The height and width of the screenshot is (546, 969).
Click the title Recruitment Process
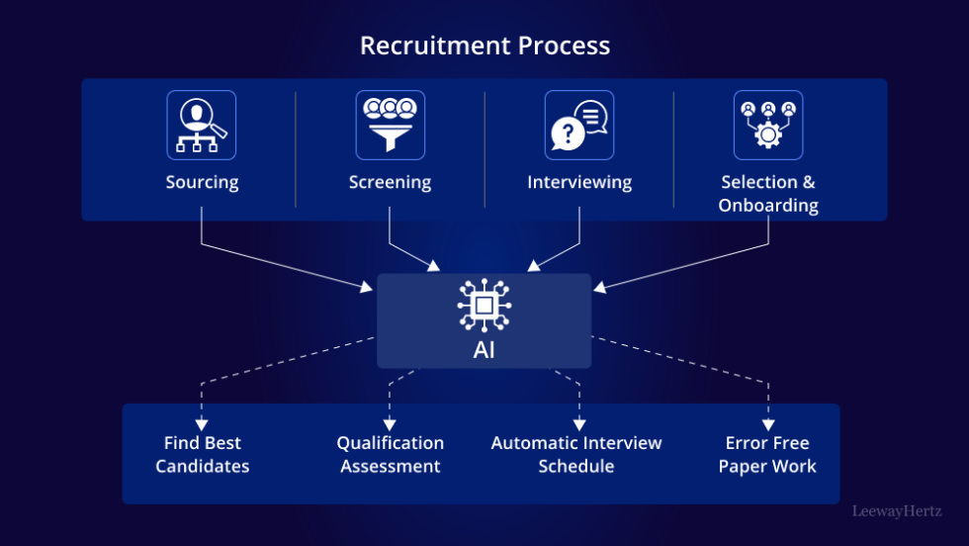click(484, 45)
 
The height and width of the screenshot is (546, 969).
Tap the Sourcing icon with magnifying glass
click(202, 125)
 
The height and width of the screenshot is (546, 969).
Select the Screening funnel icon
click(390, 125)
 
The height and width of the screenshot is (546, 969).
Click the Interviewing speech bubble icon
click(578, 125)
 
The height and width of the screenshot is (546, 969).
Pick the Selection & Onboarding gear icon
click(767, 125)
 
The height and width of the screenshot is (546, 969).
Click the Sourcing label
click(202, 182)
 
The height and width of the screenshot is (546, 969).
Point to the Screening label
click(390, 182)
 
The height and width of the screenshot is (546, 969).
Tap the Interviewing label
click(578, 182)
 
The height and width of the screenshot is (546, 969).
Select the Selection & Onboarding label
click(768, 194)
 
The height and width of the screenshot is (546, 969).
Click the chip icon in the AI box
click(484, 307)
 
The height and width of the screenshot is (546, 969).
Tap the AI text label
click(484, 350)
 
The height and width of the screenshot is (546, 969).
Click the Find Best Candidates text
click(202, 454)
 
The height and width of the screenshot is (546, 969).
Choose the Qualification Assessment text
click(390, 454)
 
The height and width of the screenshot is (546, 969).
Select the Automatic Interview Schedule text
click(576, 454)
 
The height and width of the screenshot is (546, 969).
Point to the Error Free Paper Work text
click(767, 454)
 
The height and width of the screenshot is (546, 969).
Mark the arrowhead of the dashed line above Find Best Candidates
click(202, 424)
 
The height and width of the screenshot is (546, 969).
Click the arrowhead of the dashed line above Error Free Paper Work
click(767, 424)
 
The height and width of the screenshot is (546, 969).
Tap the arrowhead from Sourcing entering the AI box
click(370, 288)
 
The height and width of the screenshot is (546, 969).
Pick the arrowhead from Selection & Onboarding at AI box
click(598, 288)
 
